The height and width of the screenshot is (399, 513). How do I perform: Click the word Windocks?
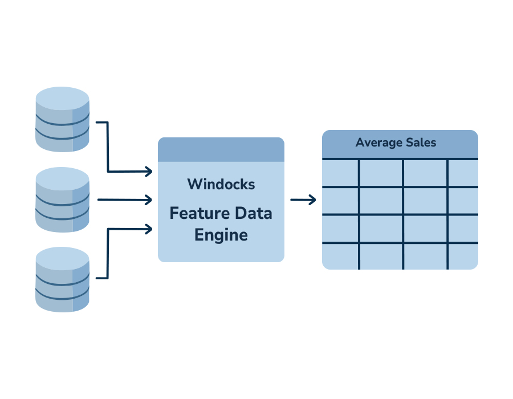[221, 185]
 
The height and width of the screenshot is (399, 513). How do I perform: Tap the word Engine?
[221, 234]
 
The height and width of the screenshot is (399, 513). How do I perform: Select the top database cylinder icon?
[62, 120]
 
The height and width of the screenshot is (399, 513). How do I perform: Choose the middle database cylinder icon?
[62, 200]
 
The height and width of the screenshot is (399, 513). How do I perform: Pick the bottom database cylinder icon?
[62, 280]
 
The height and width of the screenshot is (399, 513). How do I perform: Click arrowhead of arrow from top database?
[149, 171]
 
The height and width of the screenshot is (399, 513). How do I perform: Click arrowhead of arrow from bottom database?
[149, 229]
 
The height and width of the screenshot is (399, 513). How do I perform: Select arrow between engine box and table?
[303, 200]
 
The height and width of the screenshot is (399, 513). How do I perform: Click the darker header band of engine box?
[221, 150]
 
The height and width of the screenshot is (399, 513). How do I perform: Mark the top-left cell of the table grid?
[340, 173]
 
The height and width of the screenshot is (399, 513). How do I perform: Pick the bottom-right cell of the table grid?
[463, 256]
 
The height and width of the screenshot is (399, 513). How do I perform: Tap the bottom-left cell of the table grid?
[340, 256]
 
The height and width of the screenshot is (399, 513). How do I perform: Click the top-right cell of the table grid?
[463, 173]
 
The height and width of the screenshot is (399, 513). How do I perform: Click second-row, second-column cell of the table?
[381, 201]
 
